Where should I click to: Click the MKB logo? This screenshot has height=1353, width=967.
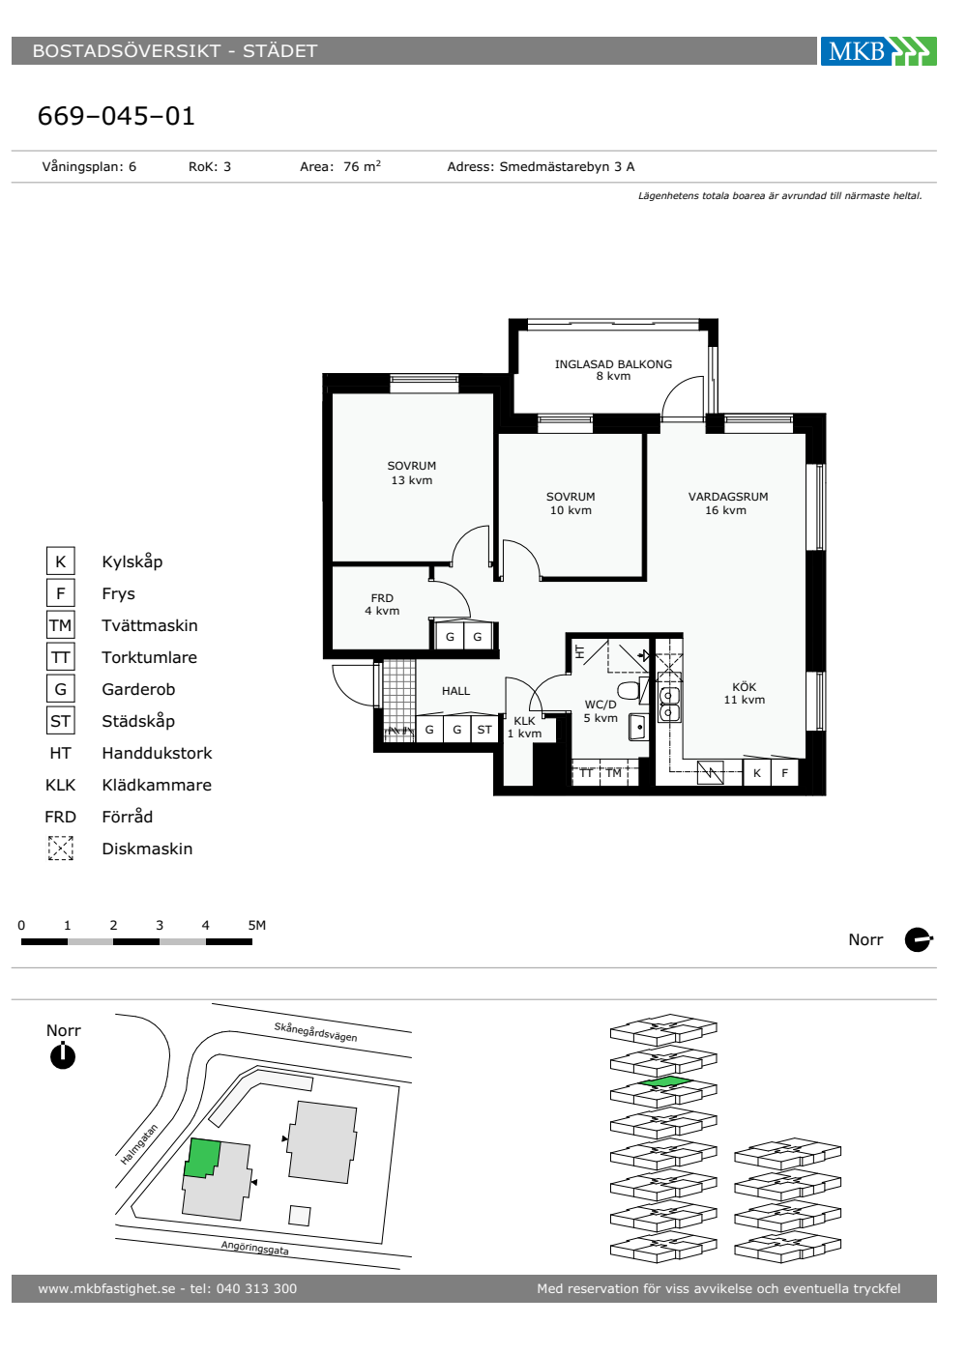(878, 50)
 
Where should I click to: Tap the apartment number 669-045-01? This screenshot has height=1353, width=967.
(116, 116)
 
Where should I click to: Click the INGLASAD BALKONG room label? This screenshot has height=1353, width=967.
(613, 369)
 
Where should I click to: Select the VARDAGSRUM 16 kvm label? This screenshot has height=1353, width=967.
(727, 504)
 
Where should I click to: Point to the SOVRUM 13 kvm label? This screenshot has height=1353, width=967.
(411, 473)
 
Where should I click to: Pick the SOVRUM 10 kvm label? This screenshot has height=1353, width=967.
(570, 504)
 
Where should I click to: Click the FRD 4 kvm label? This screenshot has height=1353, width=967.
(382, 604)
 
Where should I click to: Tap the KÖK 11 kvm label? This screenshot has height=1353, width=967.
(744, 694)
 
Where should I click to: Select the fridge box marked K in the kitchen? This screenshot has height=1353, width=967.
(756, 772)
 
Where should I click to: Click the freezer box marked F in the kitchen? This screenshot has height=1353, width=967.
(784, 772)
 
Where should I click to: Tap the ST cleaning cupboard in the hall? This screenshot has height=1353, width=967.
(484, 730)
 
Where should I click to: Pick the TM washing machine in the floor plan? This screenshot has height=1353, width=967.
(613, 772)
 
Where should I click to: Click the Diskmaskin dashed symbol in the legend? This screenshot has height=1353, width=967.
(60, 849)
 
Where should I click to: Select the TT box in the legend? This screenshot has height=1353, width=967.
(60, 657)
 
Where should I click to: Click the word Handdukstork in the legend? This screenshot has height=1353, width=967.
(157, 753)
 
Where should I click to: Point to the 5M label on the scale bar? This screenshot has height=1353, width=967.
(257, 925)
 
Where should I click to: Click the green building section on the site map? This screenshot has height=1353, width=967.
(201, 1158)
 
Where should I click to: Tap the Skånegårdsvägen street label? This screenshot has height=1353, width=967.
(315, 1032)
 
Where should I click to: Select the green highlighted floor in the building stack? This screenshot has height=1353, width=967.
(664, 1082)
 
